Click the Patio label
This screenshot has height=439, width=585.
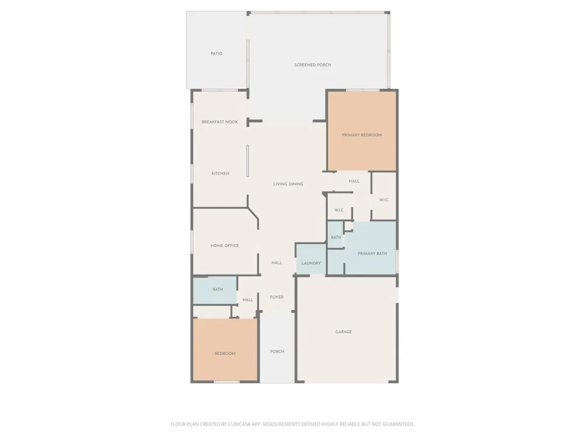(x=216, y=54)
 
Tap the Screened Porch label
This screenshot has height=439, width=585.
(x=312, y=65)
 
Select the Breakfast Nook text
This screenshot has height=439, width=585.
(x=220, y=122)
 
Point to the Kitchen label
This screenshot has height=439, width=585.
(x=221, y=174)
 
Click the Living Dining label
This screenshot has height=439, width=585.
(x=288, y=184)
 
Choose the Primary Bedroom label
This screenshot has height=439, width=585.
(x=362, y=135)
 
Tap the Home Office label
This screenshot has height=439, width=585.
(x=225, y=246)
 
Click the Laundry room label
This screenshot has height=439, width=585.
(x=311, y=263)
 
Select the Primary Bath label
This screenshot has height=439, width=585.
(x=372, y=253)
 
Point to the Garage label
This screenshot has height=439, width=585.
(x=343, y=332)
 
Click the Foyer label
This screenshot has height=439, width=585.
(x=277, y=297)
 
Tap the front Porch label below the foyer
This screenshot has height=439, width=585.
(x=277, y=352)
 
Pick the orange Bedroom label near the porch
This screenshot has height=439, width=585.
(x=225, y=354)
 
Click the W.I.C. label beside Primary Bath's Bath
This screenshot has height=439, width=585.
(x=339, y=210)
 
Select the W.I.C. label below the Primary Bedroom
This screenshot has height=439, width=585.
(x=384, y=200)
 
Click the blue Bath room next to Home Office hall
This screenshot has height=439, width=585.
(x=215, y=290)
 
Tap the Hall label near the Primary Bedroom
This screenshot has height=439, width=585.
(x=354, y=181)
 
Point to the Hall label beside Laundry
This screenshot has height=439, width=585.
(x=277, y=263)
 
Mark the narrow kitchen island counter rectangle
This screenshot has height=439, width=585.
(x=247, y=161)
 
